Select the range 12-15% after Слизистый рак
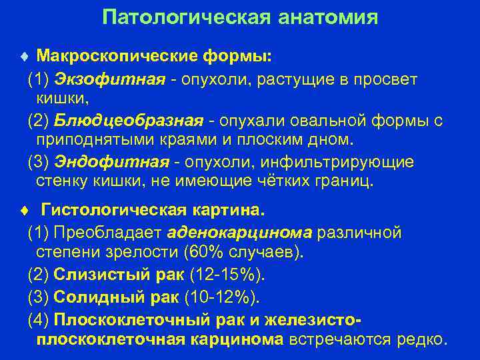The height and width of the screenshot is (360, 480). (x=227, y=275)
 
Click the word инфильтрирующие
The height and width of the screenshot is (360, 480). (x=357, y=163)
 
